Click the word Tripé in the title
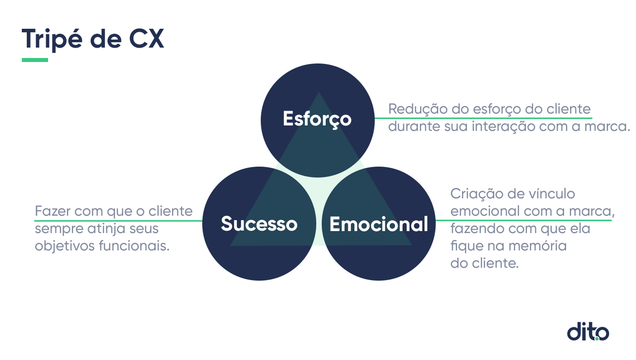(52, 40)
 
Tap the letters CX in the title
(147, 39)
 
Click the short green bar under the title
(35, 60)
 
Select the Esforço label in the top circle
(317, 119)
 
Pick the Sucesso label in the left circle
(259, 224)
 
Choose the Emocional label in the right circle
(379, 224)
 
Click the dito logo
(588, 331)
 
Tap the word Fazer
(53, 211)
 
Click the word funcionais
(134, 245)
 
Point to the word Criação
(476, 194)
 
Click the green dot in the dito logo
(597, 338)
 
